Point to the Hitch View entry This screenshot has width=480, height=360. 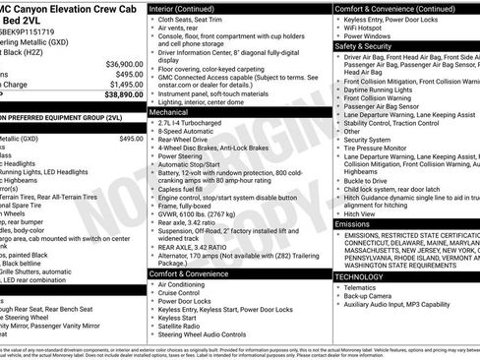(360, 213)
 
